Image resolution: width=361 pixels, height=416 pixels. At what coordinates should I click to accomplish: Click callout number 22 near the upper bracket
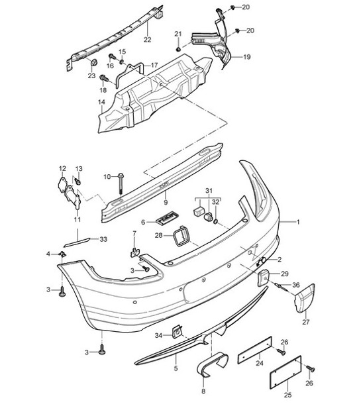147,40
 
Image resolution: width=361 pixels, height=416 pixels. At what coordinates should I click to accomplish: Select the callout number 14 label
101,101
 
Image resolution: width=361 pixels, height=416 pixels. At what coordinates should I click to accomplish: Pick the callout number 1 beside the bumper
297,223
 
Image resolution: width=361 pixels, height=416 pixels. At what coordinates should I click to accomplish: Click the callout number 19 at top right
246,58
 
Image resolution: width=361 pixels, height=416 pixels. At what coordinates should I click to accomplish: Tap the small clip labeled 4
62,254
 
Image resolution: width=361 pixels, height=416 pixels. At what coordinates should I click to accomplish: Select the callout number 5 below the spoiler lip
176,368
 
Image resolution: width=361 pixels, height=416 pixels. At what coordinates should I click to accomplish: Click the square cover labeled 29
262,277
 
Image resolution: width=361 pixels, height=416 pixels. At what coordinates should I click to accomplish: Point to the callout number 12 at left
62,168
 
